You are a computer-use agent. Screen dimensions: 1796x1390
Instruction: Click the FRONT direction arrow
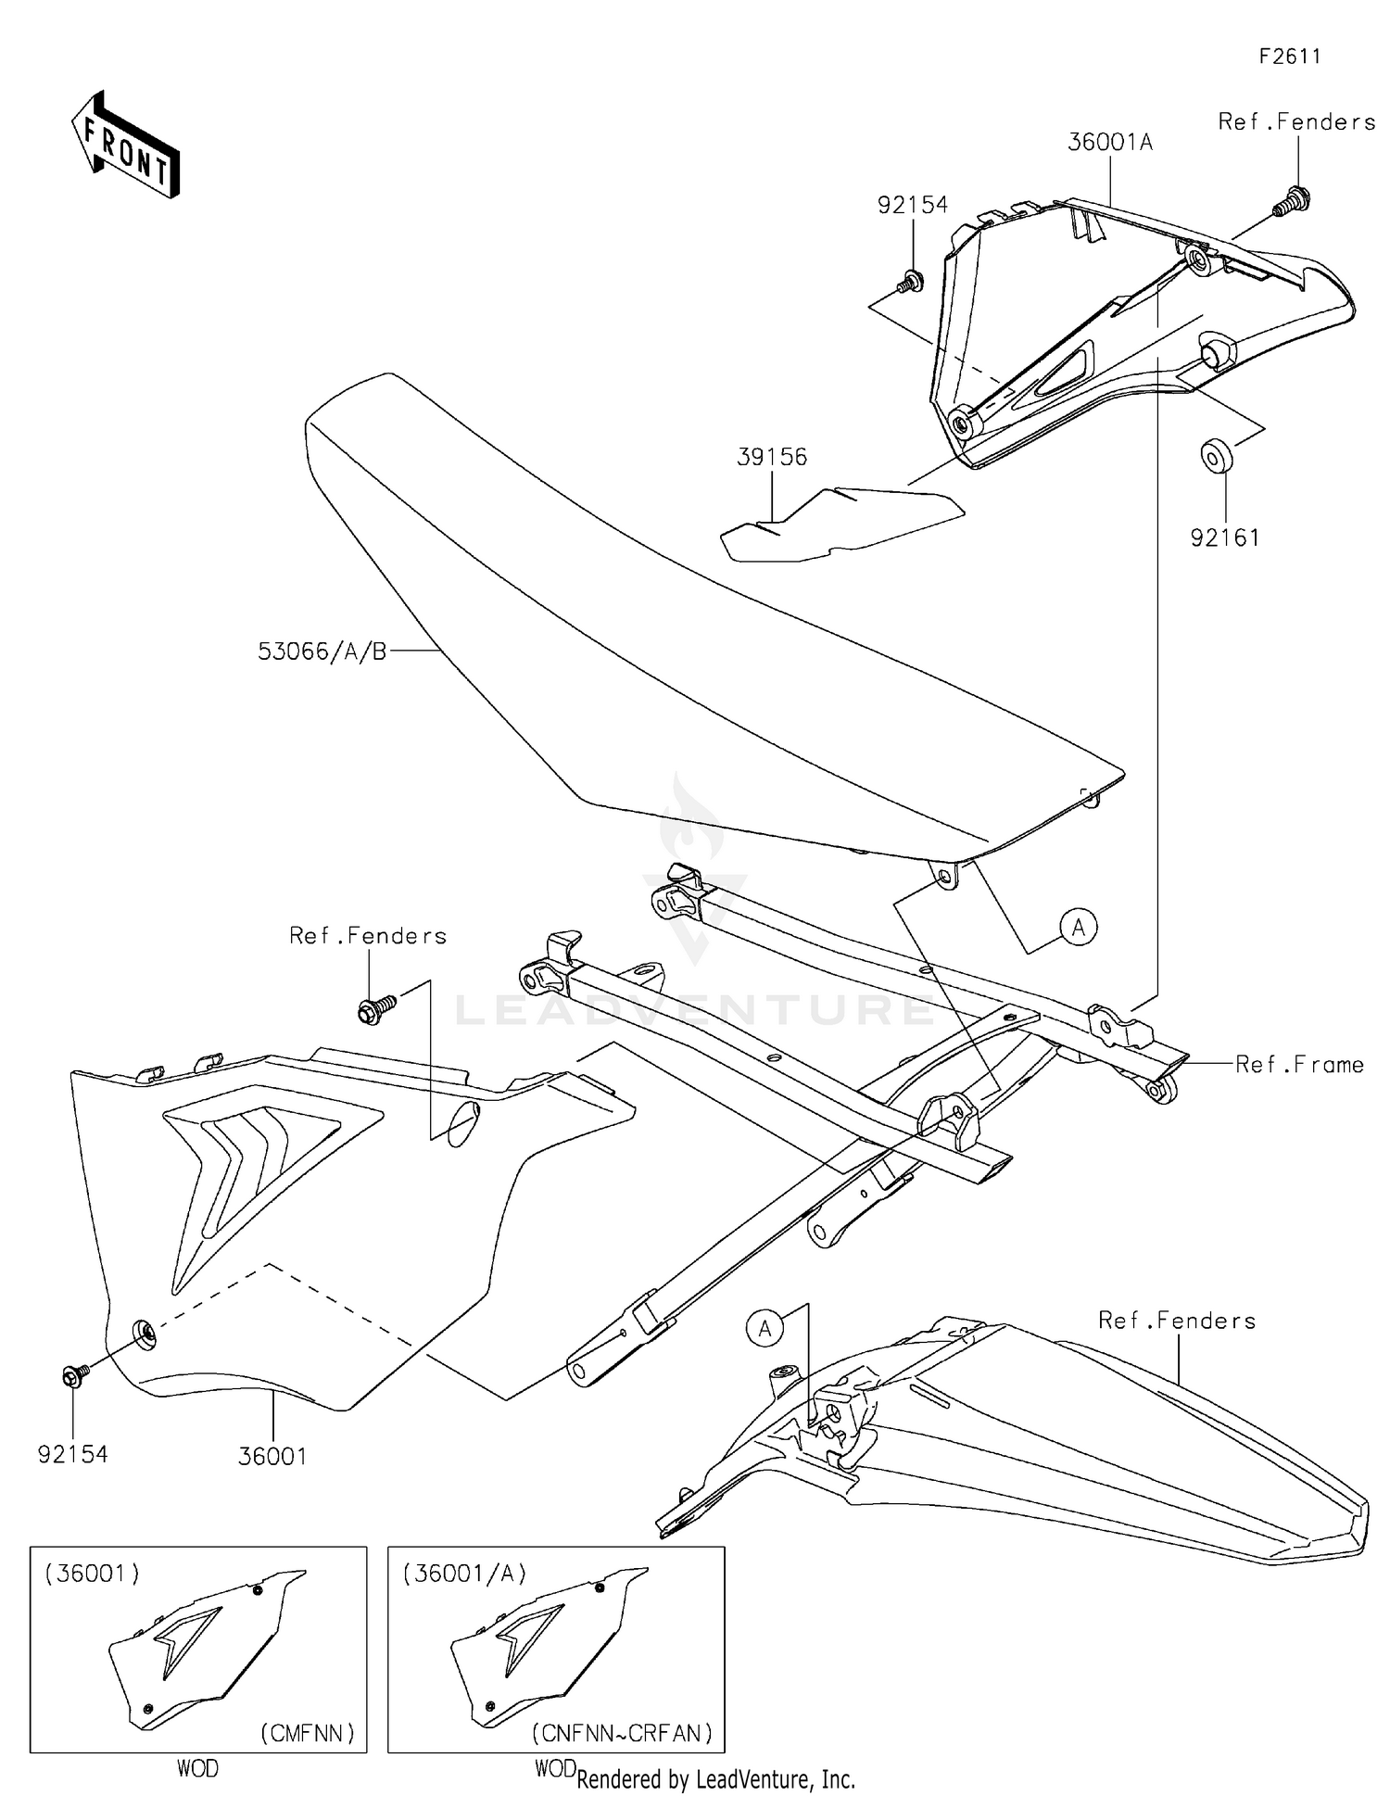click(x=125, y=146)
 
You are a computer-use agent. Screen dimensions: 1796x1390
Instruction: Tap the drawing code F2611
click(x=1289, y=57)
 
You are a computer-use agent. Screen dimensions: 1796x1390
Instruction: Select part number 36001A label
click(x=1110, y=143)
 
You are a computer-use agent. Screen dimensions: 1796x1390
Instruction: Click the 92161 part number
click(x=1225, y=538)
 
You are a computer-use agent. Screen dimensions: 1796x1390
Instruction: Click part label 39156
click(x=772, y=457)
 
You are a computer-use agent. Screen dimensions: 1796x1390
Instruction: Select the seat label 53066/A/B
click(x=322, y=651)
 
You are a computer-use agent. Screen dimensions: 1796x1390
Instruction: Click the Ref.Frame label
click(x=1299, y=1065)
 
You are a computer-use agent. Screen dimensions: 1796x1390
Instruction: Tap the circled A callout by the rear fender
click(x=764, y=1329)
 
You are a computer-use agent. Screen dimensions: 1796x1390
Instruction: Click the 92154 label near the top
click(x=913, y=206)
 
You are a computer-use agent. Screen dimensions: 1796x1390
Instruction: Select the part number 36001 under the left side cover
click(x=272, y=1456)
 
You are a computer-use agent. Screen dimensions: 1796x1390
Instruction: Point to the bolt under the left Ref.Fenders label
click(x=374, y=1009)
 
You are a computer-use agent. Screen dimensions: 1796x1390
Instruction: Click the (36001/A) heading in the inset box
click(x=465, y=1573)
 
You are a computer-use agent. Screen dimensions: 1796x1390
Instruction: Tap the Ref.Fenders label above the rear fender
click(x=1177, y=1321)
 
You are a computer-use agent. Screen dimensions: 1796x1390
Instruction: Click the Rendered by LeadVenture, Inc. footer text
click(x=715, y=1779)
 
